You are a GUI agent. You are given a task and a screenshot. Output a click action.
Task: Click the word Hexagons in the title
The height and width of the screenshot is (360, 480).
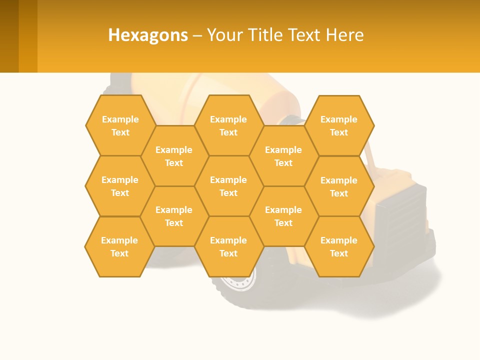[148, 35]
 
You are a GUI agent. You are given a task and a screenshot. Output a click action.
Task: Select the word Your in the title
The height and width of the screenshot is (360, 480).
[221, 35]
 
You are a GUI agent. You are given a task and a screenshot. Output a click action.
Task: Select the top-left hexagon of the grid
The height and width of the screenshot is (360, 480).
[120, 125]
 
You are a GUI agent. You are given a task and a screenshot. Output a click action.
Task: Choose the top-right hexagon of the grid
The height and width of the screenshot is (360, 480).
[339, 125]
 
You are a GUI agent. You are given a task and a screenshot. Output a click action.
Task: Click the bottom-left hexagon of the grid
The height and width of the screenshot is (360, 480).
[119, 246]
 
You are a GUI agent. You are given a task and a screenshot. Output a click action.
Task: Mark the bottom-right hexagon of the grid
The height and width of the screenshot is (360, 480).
[339, 246]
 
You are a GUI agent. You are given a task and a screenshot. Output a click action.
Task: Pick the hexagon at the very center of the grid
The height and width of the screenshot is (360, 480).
[228, 186]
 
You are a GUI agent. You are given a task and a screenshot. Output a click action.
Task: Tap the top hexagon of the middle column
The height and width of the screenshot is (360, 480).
[228, 125]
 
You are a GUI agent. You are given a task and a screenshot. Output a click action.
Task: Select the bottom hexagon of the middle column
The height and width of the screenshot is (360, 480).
[228, 246]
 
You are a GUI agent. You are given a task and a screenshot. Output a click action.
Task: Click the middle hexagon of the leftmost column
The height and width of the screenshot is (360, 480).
[120, 186]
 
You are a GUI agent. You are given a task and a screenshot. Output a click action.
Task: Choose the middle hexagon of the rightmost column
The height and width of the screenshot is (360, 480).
[339, 186]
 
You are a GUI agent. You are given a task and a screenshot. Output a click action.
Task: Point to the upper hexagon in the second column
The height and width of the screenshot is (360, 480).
[174, 156]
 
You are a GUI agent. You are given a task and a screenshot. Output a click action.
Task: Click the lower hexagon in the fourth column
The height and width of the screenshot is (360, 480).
[283, 216]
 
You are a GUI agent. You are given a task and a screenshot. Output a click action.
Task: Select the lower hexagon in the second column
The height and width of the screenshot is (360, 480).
[174, 216]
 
